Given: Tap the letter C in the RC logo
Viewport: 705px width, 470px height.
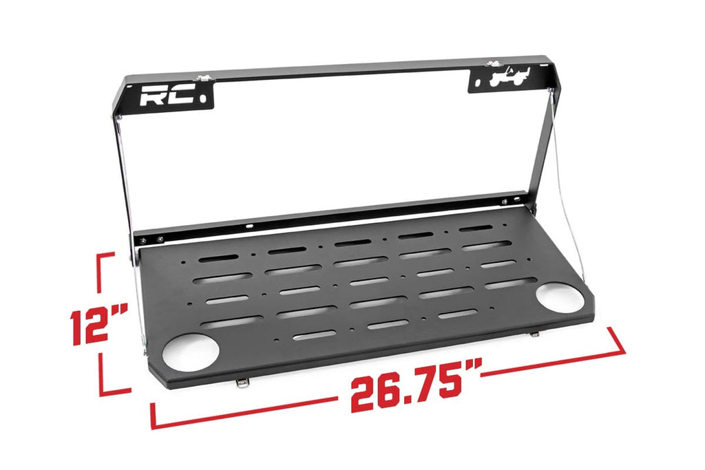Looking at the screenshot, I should tap(174, 96).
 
